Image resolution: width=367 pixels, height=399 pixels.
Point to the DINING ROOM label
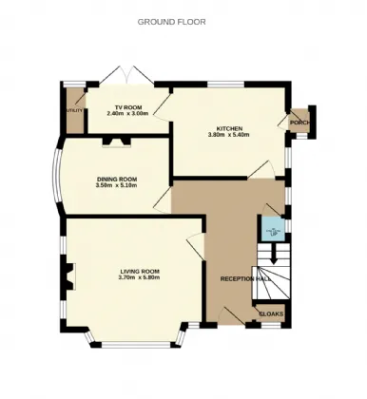117,179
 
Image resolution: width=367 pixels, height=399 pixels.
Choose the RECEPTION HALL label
246,279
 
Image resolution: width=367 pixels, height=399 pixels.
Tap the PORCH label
300,123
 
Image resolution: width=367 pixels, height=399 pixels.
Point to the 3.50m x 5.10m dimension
117,185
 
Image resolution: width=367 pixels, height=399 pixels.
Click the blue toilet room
273,228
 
